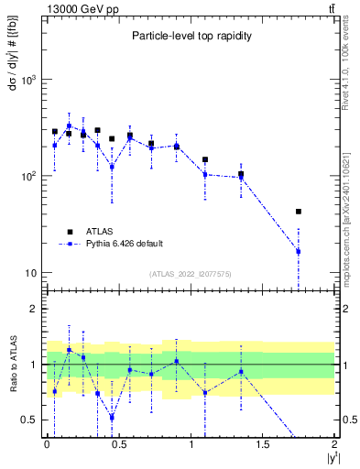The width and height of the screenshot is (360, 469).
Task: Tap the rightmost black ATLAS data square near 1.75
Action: (299, 212)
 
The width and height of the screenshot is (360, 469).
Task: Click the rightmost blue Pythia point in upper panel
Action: (299, 251)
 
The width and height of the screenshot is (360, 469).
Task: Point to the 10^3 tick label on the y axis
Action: (30, 80)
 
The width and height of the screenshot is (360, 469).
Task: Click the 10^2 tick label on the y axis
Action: (30, 176)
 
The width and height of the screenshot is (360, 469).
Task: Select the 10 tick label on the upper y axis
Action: (34, 273)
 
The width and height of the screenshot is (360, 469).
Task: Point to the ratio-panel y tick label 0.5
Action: (33, 420)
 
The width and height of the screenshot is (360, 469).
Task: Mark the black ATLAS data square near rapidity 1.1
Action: (205, 159)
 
